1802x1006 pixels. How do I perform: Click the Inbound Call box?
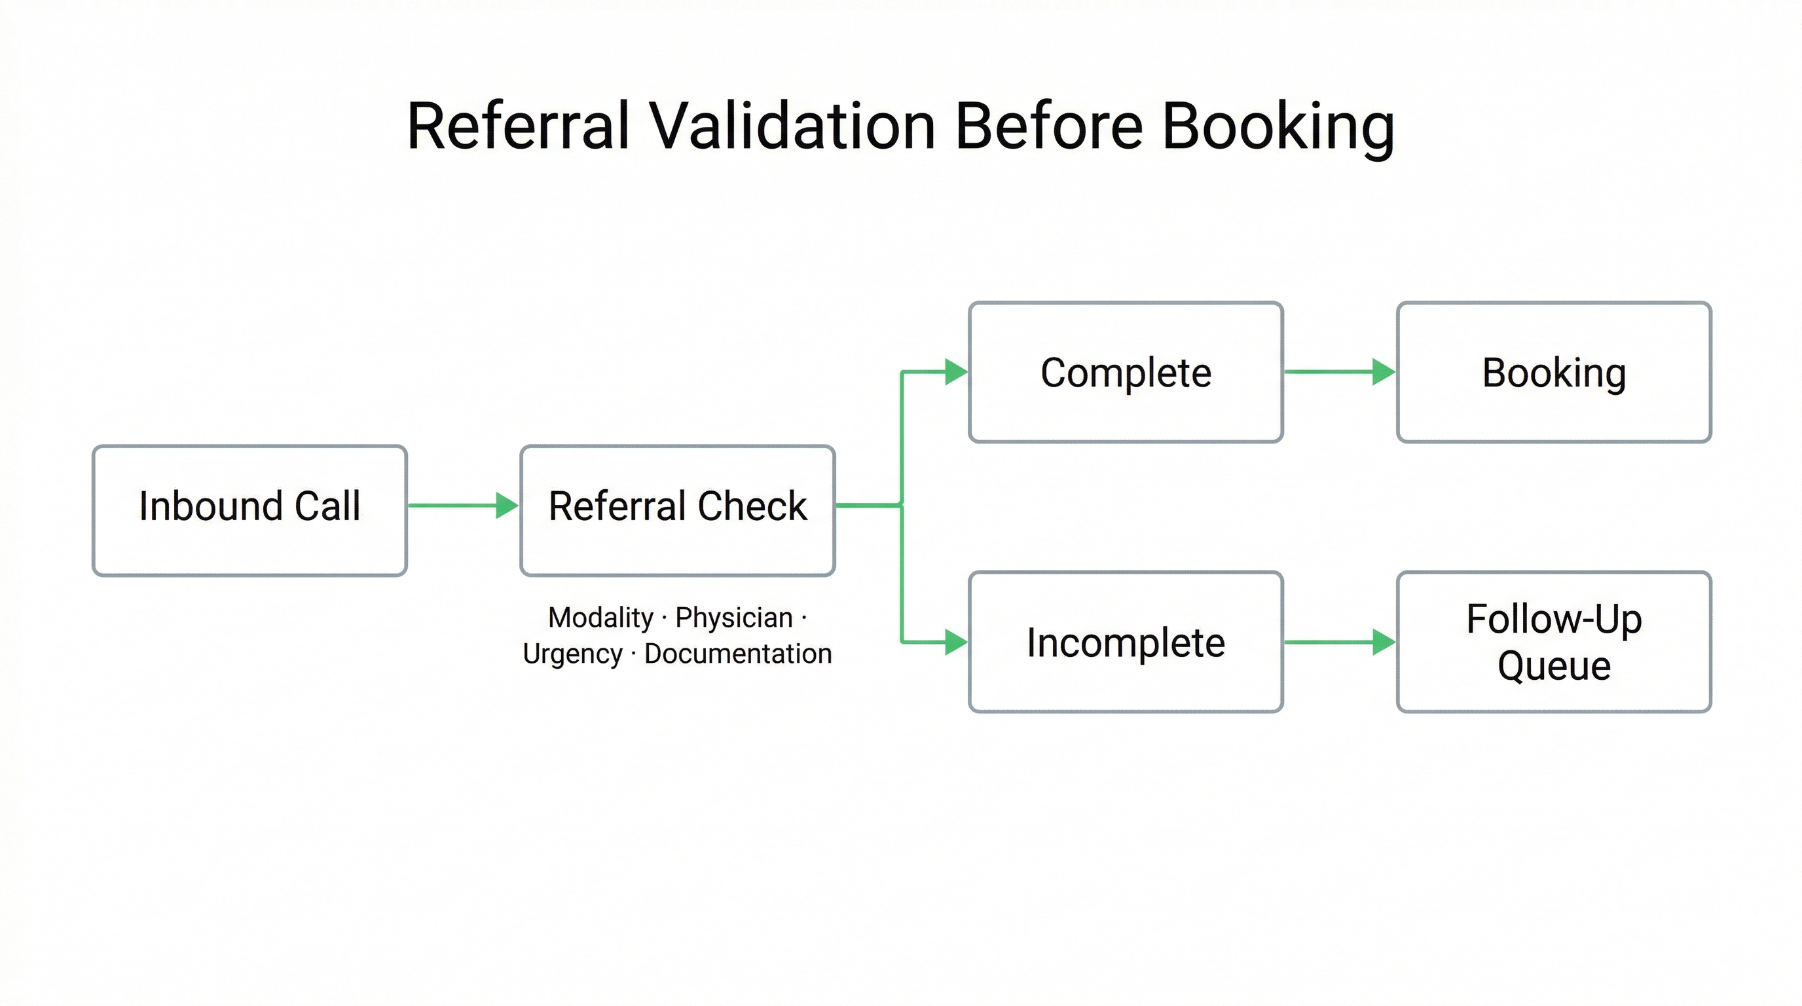(x=249, y=511)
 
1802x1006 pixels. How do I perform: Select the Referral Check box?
(x=677, y=511)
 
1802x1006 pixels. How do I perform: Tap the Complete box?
(x=1126, y=372)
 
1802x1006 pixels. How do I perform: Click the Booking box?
(x=1554, y=372)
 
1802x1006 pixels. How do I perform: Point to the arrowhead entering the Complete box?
(x=955, y=372)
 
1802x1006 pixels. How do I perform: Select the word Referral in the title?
(x=519, y=126)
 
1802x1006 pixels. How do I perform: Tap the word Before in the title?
(x=1049, y=126)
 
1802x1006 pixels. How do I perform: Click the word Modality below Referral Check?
(x=600, y=618)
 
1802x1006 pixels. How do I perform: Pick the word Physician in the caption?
(x=734, y=618)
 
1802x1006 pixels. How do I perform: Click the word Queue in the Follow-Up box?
(x=1554, y=666)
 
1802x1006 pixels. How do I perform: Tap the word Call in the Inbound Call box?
(x=327, y=506)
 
